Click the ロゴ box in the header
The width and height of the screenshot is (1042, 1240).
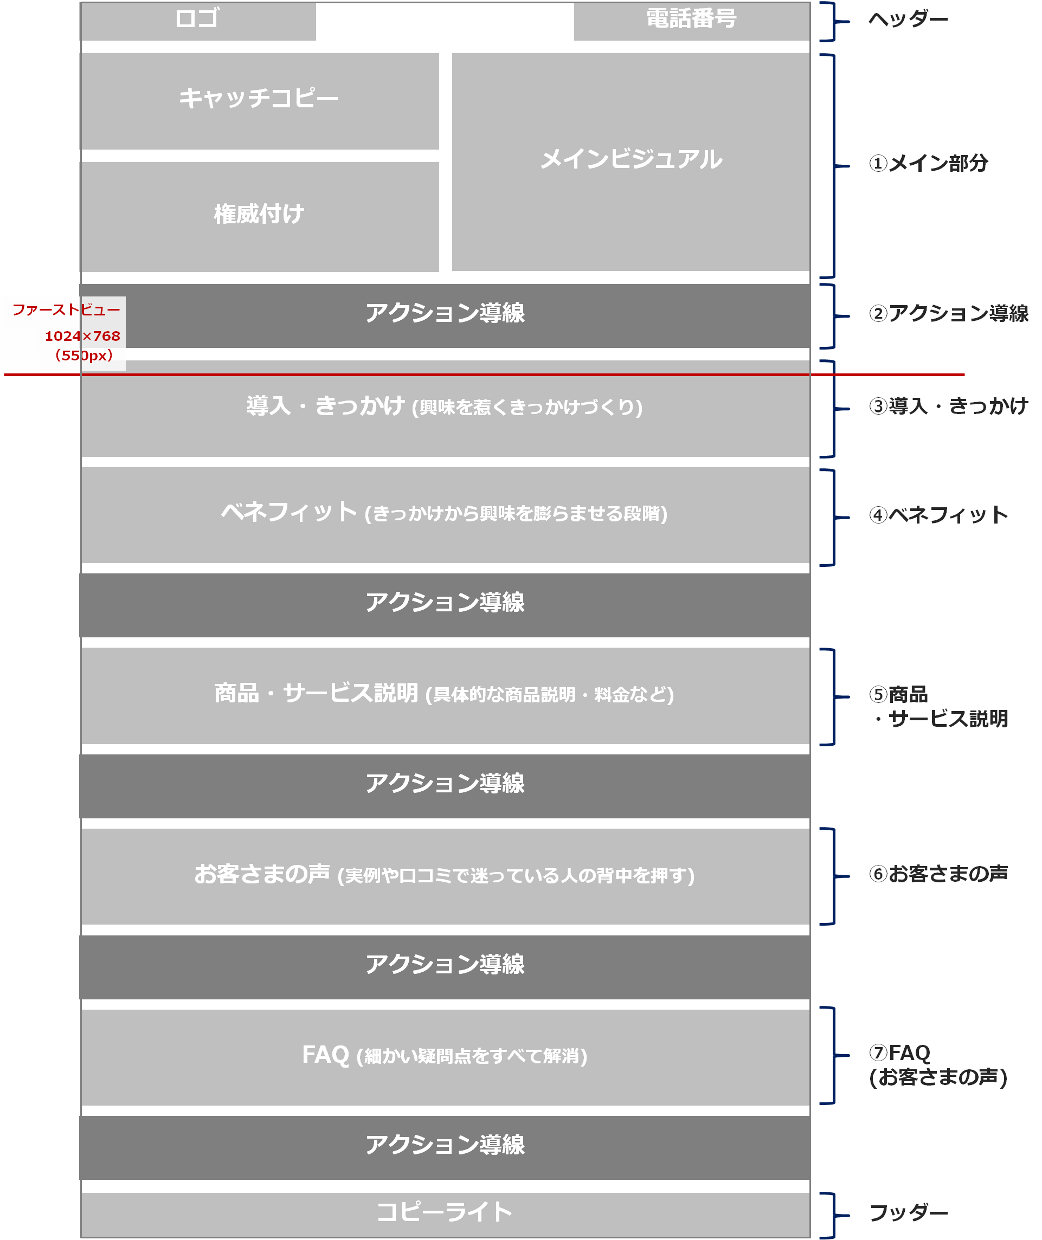click(x=198, y=20)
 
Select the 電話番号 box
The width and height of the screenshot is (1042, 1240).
click(x=691, y=20)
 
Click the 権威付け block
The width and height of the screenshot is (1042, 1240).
click(x=259, y=215)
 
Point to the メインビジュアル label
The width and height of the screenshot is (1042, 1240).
click(x=631, y=159)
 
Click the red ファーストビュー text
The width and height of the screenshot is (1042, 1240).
click(x=66, y=309)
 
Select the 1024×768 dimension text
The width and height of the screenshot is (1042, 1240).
click(x=83, y=336)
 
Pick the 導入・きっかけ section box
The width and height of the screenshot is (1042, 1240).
click(x=445, y=408)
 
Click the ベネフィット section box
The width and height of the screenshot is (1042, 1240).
click(x=445, y=514)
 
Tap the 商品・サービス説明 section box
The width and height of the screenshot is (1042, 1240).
click(x=445, y=694)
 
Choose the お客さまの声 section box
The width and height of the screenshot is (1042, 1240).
click(x=445, y=875)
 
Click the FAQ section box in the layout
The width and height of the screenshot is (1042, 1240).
click(x=445, y=1056)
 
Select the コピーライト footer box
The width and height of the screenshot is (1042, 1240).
click(x=445, y=1212)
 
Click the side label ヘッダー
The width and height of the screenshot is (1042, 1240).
click(x=908, y=20)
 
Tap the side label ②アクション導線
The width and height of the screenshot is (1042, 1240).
click(x=949, y=314)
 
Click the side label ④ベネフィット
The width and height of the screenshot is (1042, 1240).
click(x=938, y=515)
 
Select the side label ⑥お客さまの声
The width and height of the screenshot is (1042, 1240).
click(x=938, y=874)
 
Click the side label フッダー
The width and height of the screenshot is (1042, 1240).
click(x=908, y=1213)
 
